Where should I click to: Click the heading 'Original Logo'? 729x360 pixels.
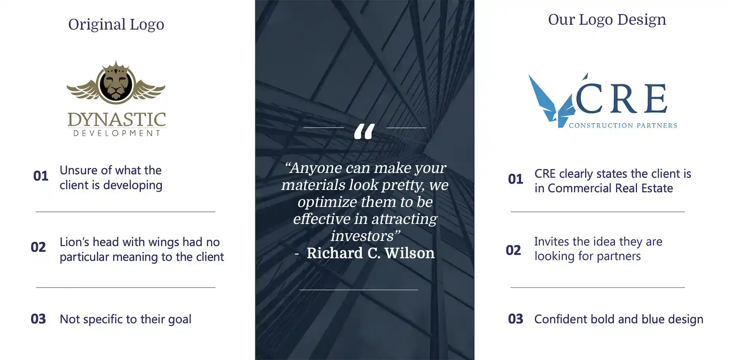point(116,25)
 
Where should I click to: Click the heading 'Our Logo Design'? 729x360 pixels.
point(607,20)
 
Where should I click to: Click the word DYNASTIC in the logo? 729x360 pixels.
point(117,120)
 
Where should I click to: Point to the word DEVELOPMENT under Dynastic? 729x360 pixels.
point(117,133)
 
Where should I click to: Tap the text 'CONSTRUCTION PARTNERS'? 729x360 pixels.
point(623,126)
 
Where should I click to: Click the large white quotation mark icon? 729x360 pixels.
point(364,132)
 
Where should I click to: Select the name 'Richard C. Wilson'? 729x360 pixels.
point(371,253)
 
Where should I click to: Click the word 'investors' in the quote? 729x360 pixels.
point(362,236)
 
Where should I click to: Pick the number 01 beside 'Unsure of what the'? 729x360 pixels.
point(41,176)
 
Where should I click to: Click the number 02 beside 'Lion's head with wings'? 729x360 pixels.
point(38,247)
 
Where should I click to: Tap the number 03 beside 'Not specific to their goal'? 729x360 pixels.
point(38,319)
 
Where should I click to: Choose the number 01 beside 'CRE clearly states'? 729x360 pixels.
point(516,179)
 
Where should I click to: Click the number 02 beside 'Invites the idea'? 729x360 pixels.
point(514,250)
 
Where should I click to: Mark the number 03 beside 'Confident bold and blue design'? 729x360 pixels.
point(516,319)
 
